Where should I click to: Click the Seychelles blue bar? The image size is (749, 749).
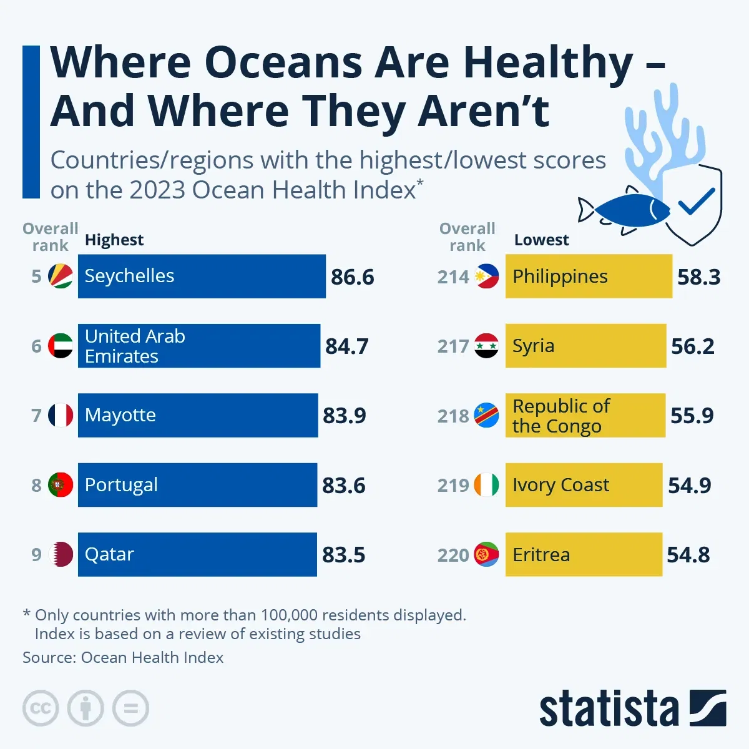click(201, 276)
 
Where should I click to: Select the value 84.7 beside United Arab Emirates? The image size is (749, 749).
click(347, 346)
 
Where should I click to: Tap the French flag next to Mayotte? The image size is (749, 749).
click(61, 415)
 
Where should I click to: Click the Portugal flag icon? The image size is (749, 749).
click(61, 485)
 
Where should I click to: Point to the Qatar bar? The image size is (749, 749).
click(197, 554)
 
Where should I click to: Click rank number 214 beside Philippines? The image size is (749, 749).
click(453, 277)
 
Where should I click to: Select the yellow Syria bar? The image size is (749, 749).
click(585, 346)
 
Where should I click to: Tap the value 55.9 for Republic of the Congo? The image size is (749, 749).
click(692, 416)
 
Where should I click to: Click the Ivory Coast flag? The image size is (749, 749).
click(486, 485)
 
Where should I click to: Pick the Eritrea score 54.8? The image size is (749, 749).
click(688, 555)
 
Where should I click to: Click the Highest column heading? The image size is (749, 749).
click(114, 240)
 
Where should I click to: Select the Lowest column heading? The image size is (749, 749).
click(541, 240)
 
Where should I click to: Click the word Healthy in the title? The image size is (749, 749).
click(548, 64)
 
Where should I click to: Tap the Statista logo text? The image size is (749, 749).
click(609, 709)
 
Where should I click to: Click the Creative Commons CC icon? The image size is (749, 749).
click(41, 708)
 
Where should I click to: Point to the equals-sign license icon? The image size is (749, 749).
click(131, 708)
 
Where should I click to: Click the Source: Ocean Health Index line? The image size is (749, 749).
click(123, 657)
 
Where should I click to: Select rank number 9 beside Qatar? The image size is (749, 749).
click(37, 555)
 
